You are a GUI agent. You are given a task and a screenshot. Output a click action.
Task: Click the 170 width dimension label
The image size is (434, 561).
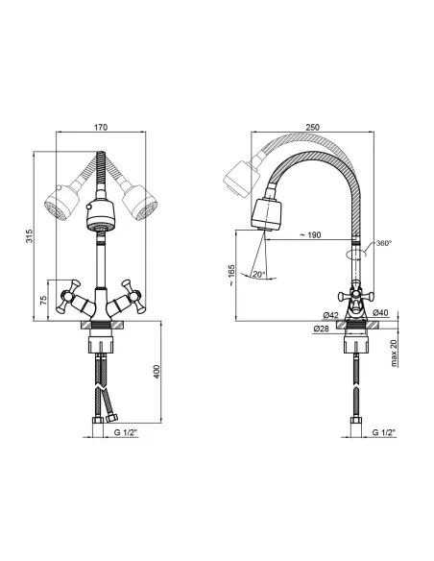101,128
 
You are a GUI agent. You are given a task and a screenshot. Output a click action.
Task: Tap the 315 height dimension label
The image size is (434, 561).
30,236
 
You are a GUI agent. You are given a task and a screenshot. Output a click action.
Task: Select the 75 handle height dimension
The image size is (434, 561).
43,300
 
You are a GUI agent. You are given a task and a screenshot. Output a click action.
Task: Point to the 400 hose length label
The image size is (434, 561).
157,372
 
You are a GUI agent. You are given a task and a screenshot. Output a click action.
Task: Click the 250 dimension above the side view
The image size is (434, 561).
312,128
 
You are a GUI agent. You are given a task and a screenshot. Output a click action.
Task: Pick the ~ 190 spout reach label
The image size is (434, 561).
310,235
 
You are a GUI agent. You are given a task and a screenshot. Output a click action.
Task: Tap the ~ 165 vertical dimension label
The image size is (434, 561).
231,276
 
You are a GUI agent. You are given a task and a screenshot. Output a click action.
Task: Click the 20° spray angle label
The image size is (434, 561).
258,275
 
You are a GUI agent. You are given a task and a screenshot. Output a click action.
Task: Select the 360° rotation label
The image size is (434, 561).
384,243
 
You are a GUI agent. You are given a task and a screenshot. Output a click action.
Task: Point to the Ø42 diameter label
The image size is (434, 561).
331,315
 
